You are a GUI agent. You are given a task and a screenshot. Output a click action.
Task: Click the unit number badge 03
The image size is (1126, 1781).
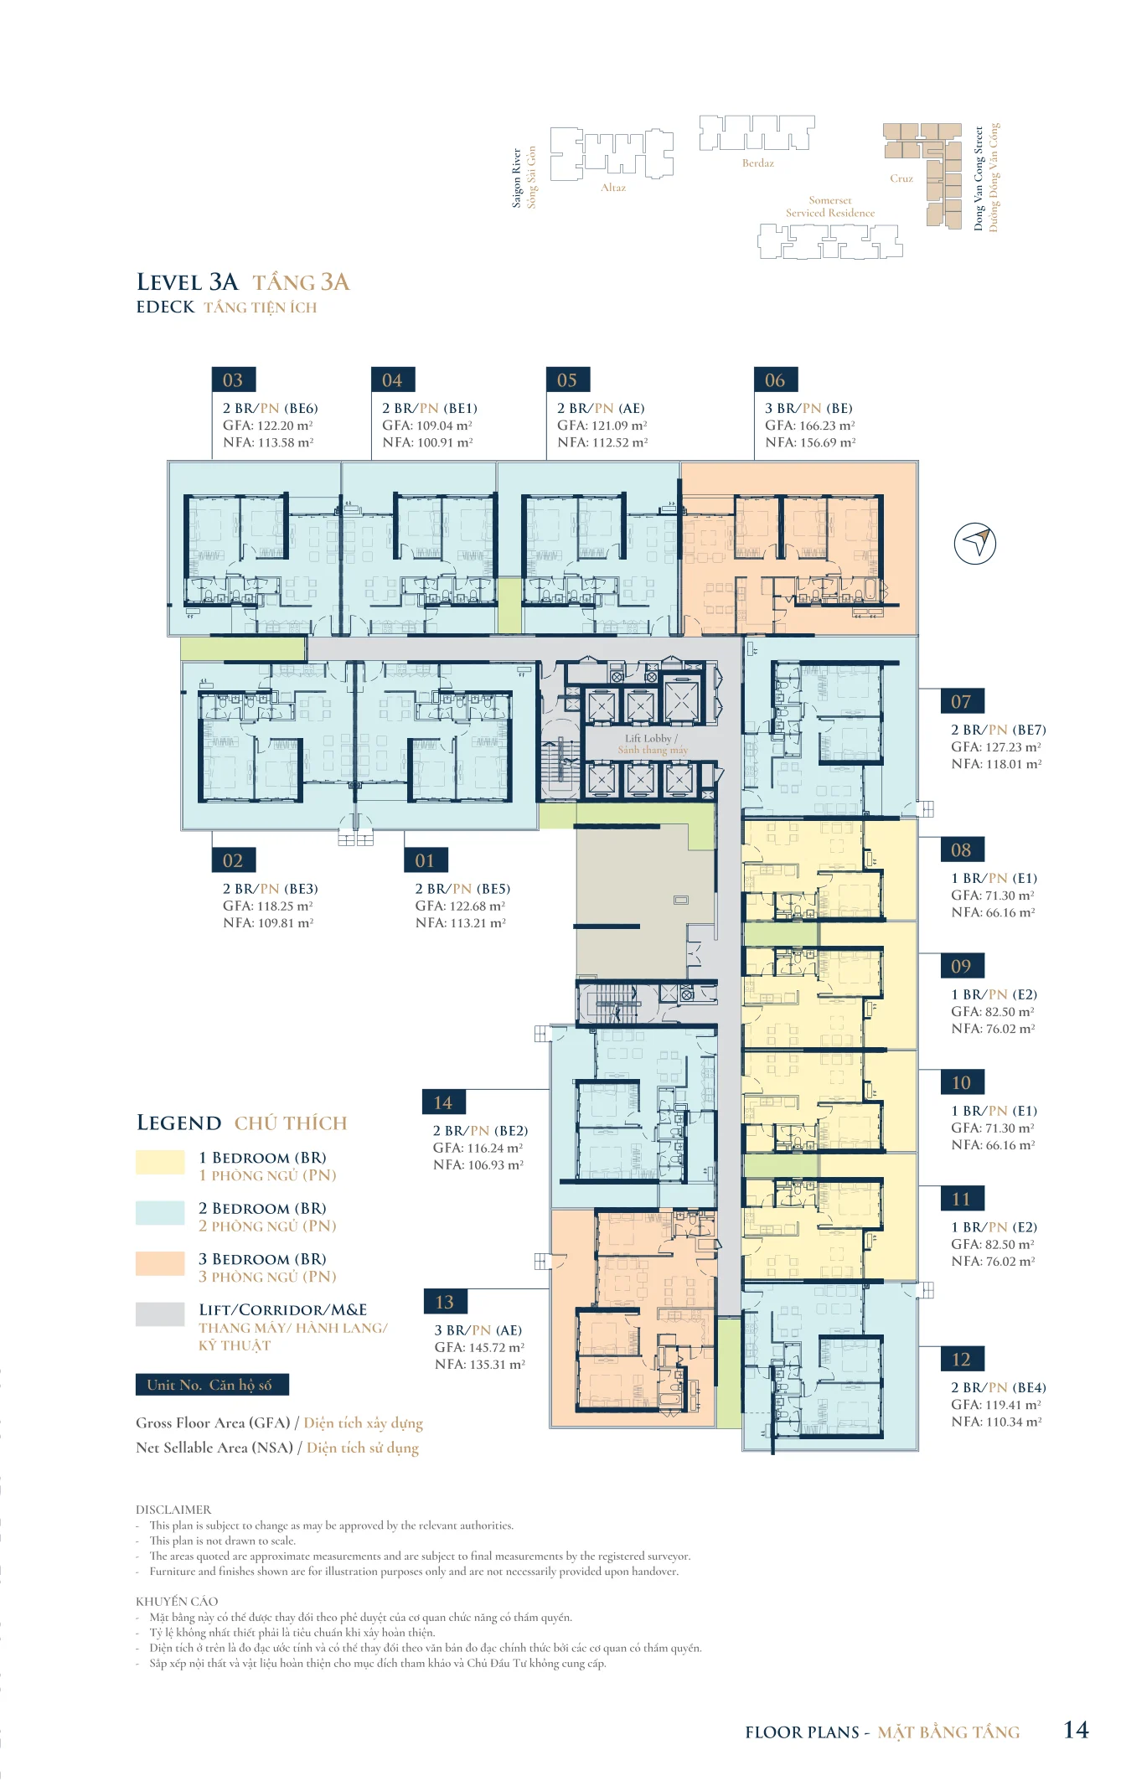point(233,379)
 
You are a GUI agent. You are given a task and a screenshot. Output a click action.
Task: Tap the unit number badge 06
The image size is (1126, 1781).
point(775,379)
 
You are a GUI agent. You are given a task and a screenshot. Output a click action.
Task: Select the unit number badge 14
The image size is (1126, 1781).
point(443,1102)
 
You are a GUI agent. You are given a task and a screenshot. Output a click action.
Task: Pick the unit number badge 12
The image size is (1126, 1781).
point(961,1359)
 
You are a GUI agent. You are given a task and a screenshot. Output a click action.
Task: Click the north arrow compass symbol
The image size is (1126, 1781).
point(975,543)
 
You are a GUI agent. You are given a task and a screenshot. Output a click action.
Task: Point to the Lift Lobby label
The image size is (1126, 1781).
point(651,739)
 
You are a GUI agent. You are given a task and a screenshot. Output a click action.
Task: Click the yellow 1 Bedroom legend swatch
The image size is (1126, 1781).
point(160,1162)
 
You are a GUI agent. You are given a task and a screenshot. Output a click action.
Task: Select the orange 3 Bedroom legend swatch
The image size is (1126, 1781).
point(160,1263)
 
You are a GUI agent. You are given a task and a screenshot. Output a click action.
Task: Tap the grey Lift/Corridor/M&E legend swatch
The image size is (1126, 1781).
point(160,1314)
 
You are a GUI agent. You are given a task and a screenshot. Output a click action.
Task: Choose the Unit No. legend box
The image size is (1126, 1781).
point(212,1385)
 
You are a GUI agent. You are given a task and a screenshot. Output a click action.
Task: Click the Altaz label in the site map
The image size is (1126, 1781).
point(613,188)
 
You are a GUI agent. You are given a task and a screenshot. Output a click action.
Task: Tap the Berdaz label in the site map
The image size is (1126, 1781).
point(758,163)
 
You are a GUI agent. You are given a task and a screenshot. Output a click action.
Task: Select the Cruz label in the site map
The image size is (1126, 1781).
point(901,178)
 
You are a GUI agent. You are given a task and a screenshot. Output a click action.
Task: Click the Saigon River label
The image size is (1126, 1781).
point(517,178)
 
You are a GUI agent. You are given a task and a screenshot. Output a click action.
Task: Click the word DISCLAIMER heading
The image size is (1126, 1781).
point(173,1510)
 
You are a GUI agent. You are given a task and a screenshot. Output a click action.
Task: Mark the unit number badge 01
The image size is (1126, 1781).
point(426,860)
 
